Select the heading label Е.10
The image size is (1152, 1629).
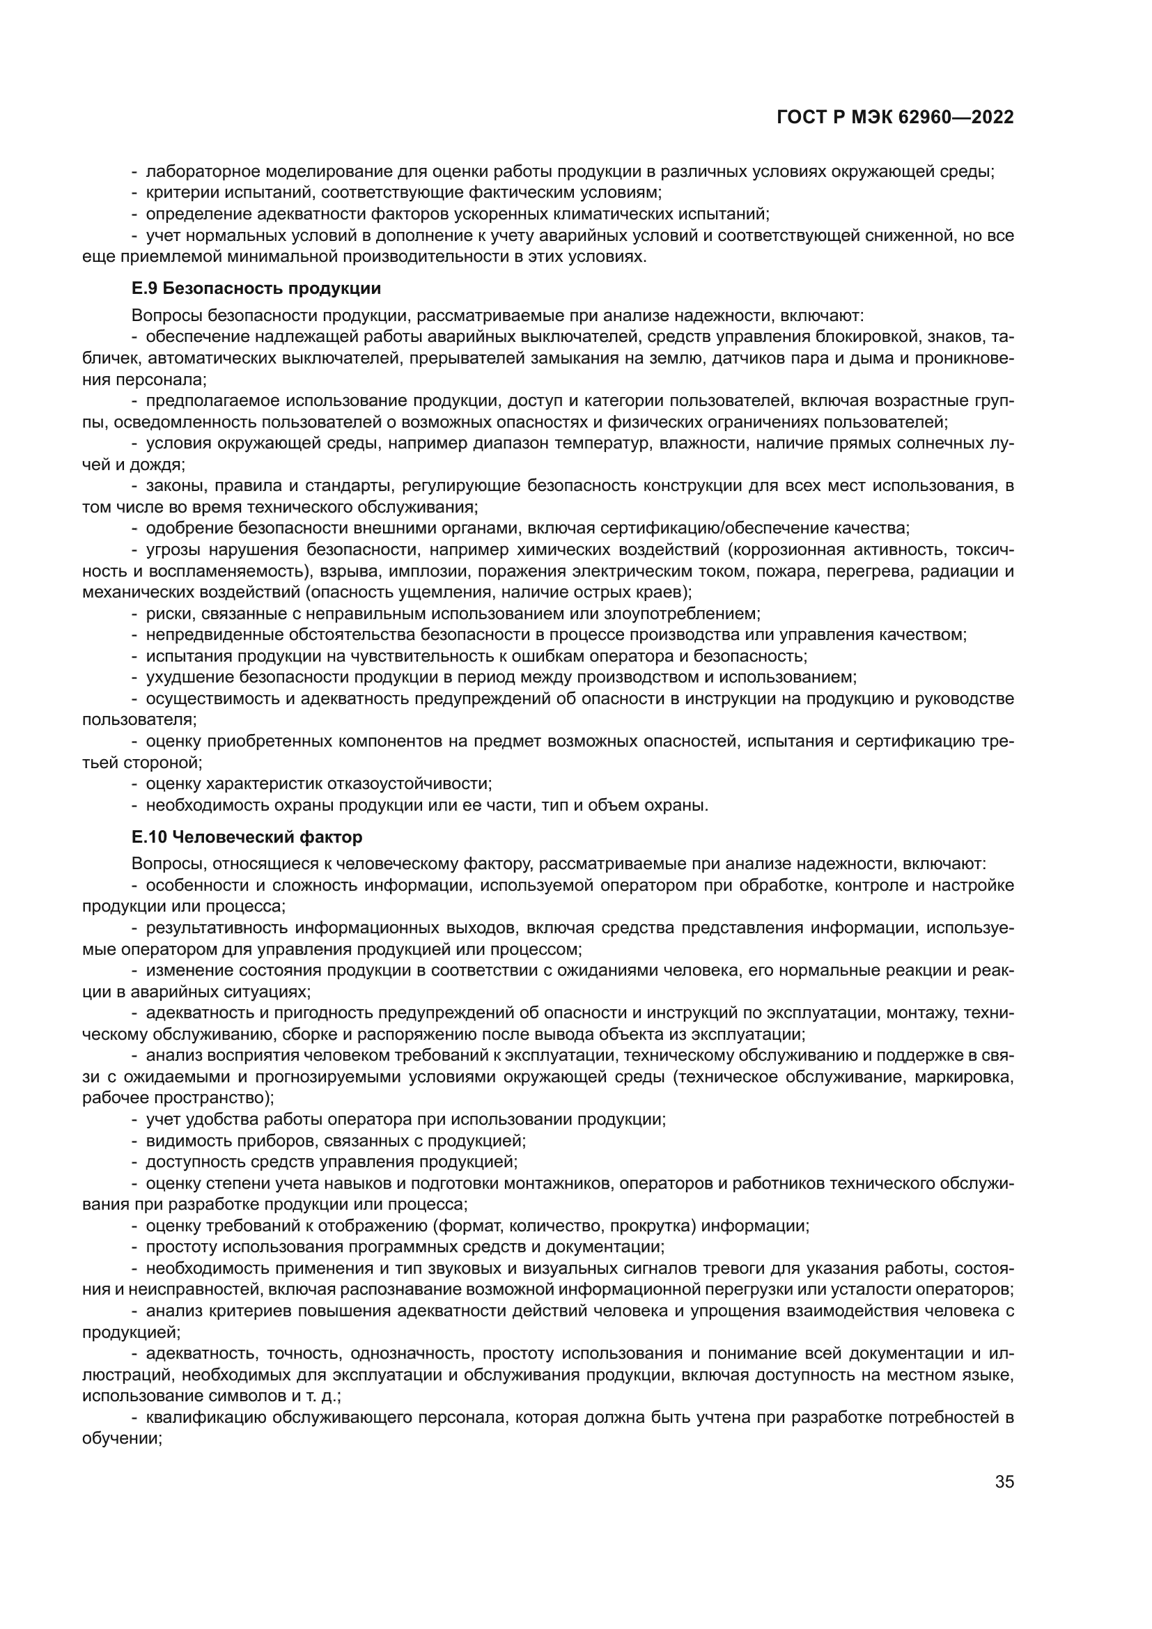point(149,837)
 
